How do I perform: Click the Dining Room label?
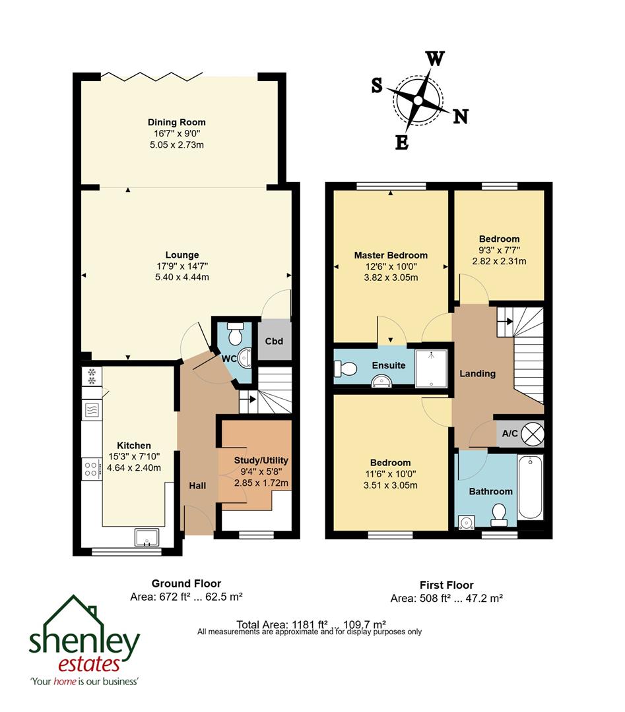pyautogui.click(x=176, y=122)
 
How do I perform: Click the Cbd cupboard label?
pyautogui.click(x=274, y=341)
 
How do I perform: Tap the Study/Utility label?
pyautogui.click(x=261, y=460)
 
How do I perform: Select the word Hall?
pyautogui.click(x=197, y=486)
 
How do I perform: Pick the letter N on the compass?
pyautogui.click(x=460, y=117)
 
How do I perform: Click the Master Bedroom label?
pyautogui.click(x=391, y=255)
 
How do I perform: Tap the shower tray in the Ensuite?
pyautogui.click(x=431, y=367)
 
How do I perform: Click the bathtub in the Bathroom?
pyautogui.click(x=531, y=487)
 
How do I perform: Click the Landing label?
pyautogui.click(x=477, y=374)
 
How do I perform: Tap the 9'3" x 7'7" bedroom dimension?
pyautogui.click(x=499, y=250)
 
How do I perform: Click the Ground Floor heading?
pyautogui.click(x=186, y=583)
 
